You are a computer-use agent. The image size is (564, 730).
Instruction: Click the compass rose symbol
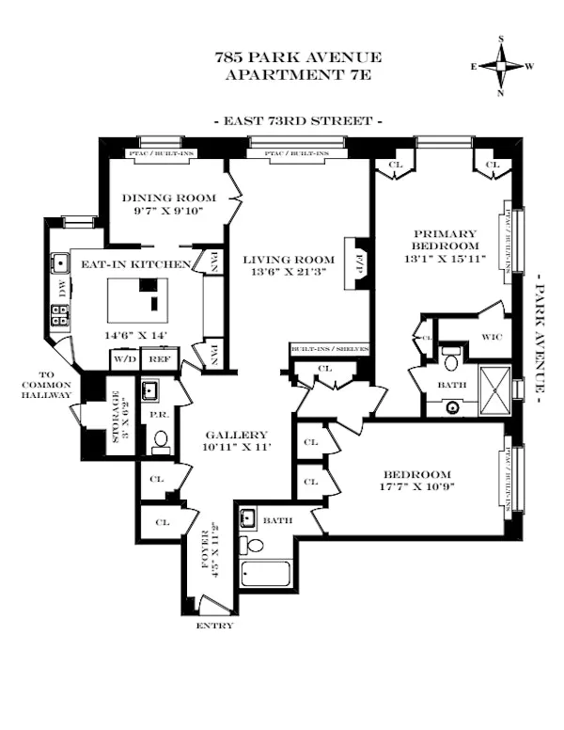point(502,66)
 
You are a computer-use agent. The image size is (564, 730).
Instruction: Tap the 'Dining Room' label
point(169,198)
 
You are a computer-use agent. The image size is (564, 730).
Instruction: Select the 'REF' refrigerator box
point(160,358)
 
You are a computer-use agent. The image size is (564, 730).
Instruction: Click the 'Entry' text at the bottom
point(212,626)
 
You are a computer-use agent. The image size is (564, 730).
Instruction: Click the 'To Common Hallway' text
point(46,389)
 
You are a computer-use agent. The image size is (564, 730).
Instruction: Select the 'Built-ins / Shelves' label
point(329,349)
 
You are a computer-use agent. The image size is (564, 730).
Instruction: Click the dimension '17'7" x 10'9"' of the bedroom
point(415,489)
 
